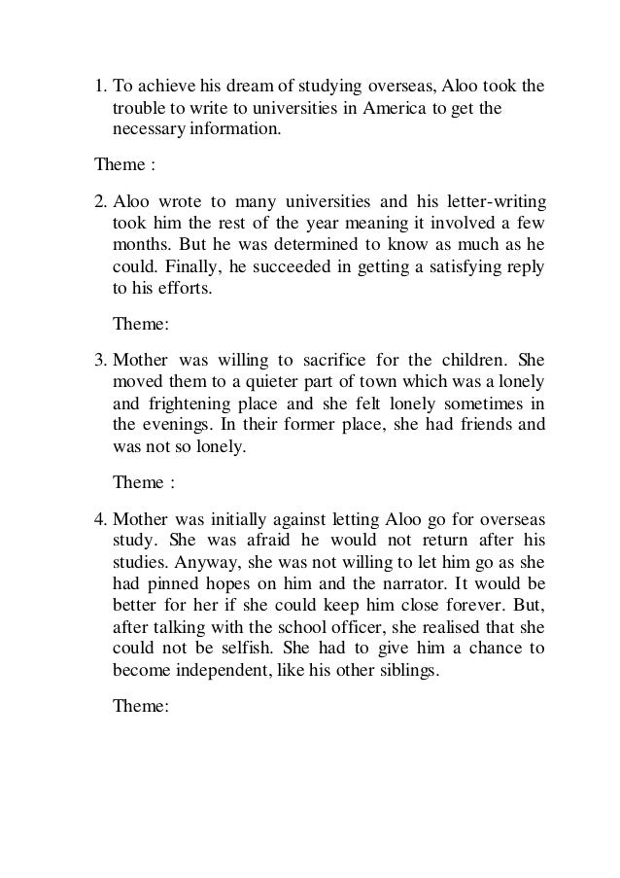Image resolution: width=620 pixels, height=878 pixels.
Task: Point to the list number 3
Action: click(99, 358)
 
